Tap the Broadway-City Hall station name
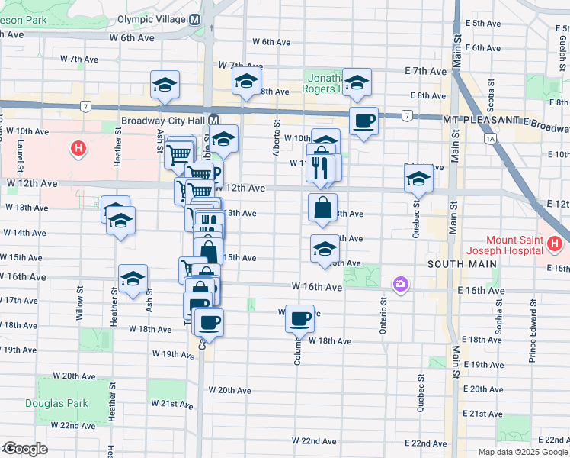tap(164, 121)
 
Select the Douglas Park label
tap(56, 404)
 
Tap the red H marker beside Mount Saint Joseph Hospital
tap(554, 244)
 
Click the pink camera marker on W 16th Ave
tap(400, 285)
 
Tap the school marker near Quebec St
tap(418, 179)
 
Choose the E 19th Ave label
tap(482, 365)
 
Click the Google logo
tap(26, 449)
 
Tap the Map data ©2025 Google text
tap(522, 452)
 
